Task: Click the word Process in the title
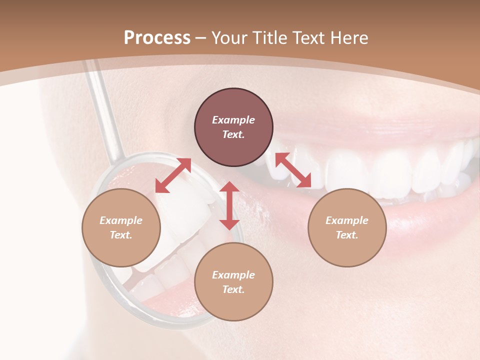pyautogui.click(x=157, y=38)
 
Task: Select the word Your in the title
pyautogui.click(x=229, y=38)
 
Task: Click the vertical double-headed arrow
pyautogui.click(x=229, y=205)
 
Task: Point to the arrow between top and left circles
pyautogui.click(x=173, y=175)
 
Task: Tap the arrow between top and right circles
pyautogui.click(x=293, y=170)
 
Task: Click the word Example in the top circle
pyautogui.click(x=233, y=120)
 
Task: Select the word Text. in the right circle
pyautogui.click(x=347, y=235)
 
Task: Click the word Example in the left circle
pyautogui.click(x=121, y=220)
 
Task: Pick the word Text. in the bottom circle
pyautogui.click(x=233, y=289)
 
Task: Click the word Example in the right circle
pyautogui.click(x=347, y=220)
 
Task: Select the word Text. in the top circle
pyautogui.click(x=233, y=134)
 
